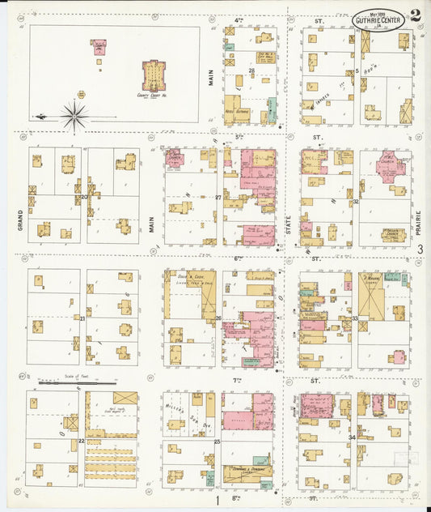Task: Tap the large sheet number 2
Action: [x=415, y=14]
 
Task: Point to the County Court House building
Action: [x=150, y=75]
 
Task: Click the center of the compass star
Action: [x=74, y=116]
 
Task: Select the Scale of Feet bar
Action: [x=69, y=383]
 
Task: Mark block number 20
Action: [x=83, y=196]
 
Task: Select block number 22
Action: [x=81, y=441]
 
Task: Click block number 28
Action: [x=252, y=71]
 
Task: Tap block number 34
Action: [x=351, y=437]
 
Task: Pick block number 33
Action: [x=354, y=318]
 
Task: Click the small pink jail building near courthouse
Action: [x=99, y=47]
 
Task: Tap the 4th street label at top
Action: [x=239, y=19]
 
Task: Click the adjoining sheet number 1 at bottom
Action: [x=217, y=500]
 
